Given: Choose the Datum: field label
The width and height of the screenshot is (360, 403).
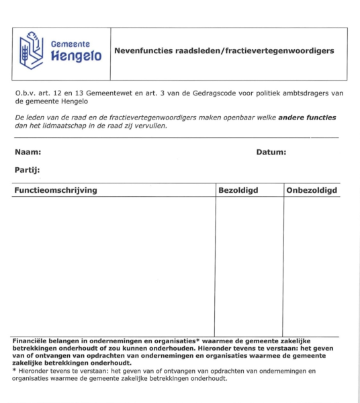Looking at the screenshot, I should coord(271,152).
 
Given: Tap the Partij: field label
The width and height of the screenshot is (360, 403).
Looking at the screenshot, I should coord(28,170).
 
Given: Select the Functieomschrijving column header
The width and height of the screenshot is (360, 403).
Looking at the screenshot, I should coord(56,191).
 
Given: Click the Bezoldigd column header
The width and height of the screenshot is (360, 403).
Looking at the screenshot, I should coord(238,191).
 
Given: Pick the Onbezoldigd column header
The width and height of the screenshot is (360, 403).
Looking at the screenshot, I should coord(312,191).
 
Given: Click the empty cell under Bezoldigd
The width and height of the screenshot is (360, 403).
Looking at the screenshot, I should coord(249,265).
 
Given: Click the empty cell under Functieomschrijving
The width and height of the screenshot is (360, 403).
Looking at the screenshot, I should coord(114,265).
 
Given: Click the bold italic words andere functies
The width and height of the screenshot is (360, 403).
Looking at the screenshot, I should coord(309,118).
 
